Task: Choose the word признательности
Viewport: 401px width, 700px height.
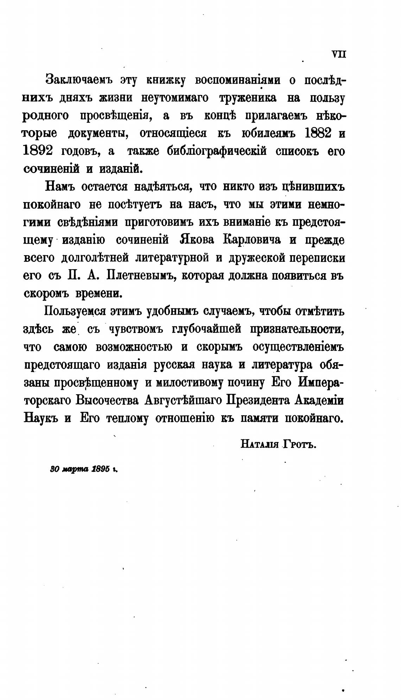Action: point(297,329)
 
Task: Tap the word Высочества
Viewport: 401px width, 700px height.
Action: point(108,401)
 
